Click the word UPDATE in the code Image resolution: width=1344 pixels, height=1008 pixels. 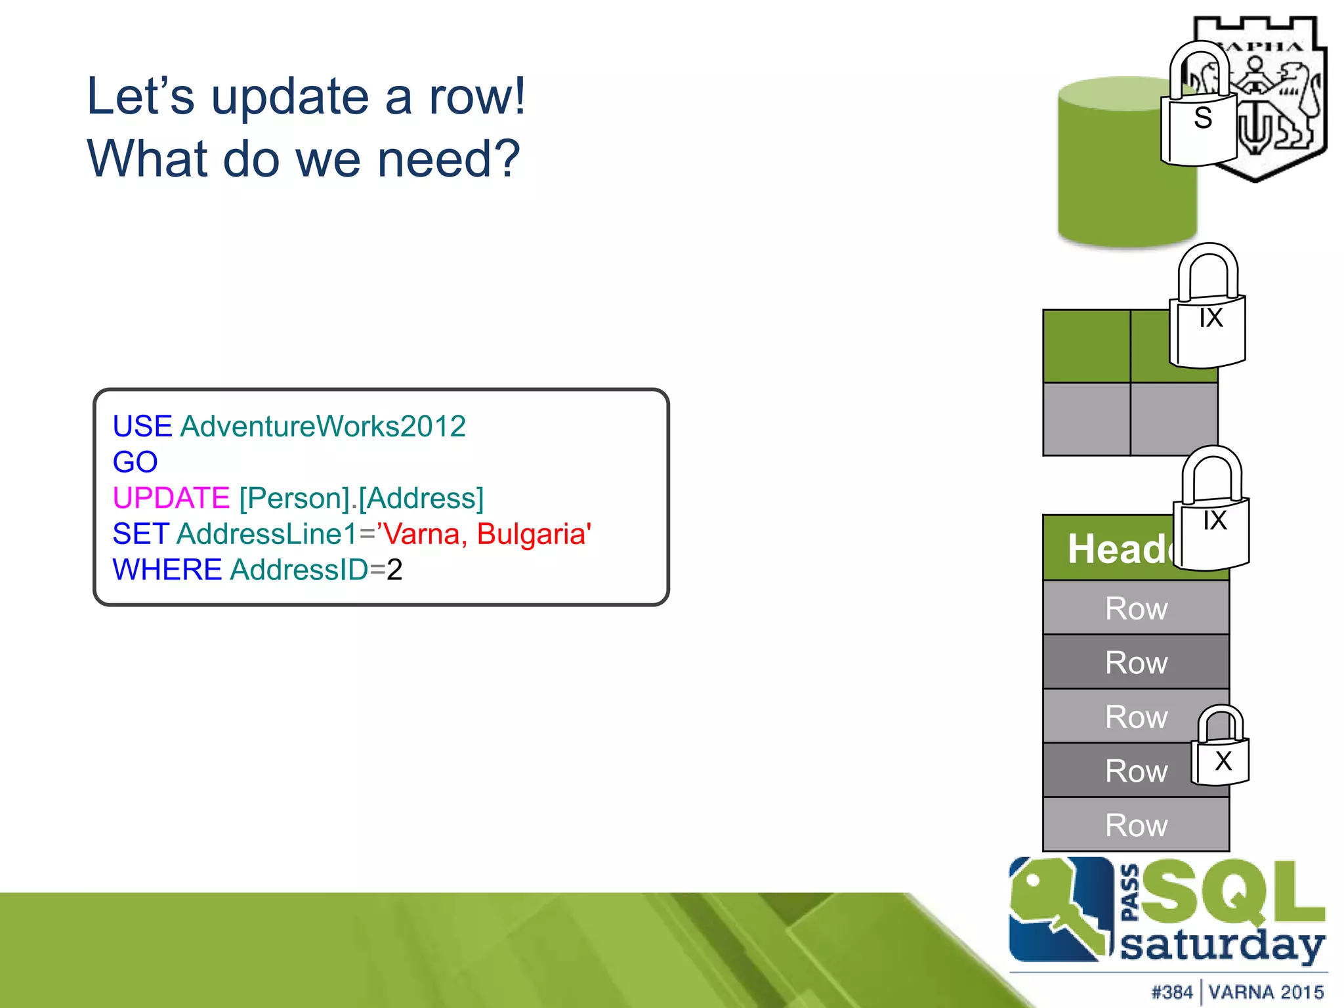pos(171,498)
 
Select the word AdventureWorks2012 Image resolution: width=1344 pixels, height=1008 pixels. pos(323,427)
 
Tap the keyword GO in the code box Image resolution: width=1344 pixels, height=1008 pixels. pos(135,462)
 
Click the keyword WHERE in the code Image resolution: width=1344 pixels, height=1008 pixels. pos(167,570)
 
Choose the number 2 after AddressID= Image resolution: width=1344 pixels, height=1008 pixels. pos(394,570)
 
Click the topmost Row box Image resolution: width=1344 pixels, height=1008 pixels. pos(1135,608)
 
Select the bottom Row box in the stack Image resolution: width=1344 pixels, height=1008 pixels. pos(1135,825)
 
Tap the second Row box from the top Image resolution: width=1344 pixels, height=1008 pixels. pos(1135,662)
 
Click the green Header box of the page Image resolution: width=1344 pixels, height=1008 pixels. pos(1109,549)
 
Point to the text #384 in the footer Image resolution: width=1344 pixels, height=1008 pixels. pos(1172,992)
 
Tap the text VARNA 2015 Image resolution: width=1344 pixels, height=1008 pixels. pos(1266,992)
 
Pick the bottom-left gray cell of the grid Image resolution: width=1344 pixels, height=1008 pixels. pos(1086,419)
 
